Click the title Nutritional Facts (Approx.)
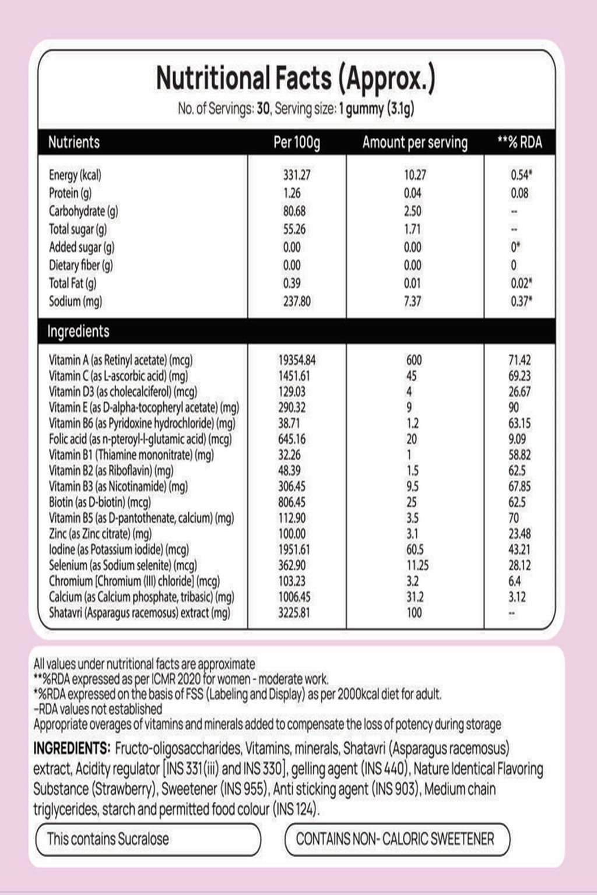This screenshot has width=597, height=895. click(296, 79)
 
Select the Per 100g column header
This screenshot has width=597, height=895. click(297, 142)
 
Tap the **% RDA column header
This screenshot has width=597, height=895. click(519, 142)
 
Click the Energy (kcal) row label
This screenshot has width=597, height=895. click(75, 175)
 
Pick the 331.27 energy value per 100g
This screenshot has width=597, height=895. click(297, 175)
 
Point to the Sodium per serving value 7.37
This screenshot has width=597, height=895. click(412, 301)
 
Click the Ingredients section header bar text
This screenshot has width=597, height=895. click(78, 332)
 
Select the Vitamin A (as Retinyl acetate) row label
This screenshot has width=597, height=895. click(121, 360)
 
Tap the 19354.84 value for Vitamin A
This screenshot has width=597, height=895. click(297, 360)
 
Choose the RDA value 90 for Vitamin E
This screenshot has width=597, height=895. click(514, 407)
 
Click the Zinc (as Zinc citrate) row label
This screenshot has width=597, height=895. click(100, 534)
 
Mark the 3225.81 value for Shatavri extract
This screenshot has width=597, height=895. click(294, 612)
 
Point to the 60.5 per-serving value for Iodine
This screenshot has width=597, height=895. click(415, 549)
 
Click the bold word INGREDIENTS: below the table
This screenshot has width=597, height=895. click(72, 748)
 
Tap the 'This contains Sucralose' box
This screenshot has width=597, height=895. click(148, 839)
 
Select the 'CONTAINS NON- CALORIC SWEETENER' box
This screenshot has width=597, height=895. click(396, 839)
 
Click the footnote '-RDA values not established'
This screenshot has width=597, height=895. click(98, 709)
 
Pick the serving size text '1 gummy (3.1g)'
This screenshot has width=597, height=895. click(377, 109)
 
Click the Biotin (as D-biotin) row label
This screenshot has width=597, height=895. click(100, 502)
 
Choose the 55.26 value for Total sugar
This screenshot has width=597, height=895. click(294, 229)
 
